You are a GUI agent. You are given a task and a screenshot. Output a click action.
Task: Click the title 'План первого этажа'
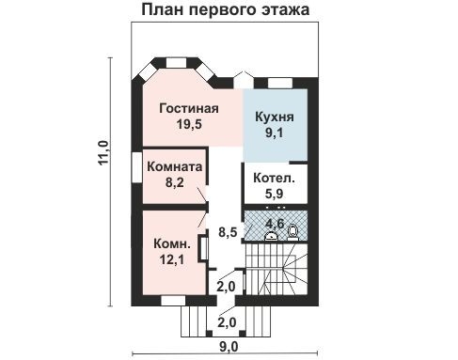pyautogui.click(x=229, y=10)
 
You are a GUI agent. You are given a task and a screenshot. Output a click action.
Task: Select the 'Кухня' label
pyautogui.click(x=275, y=117)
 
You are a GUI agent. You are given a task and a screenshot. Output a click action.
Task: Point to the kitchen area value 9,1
pyautogui.click(x=275, y=134)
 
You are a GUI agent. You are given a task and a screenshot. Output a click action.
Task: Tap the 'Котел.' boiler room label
pyautogui.click(x=276, y=178)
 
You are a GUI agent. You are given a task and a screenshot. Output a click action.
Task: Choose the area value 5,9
pyautogui.click(x=276, y=194)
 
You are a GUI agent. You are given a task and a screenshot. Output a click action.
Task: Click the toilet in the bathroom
pyautogui.click(x=292, y=228)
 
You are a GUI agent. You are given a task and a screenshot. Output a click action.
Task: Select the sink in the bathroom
pyautogui.click(x=272, y=235)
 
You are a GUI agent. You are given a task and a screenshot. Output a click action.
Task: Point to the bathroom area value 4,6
pyautogui.click(x=275, y=223)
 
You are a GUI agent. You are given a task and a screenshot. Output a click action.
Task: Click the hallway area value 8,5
pyautogui.click(x=227, y=230)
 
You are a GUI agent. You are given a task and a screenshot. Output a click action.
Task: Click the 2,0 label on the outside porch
pyautogui.click(x=227, y=321)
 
